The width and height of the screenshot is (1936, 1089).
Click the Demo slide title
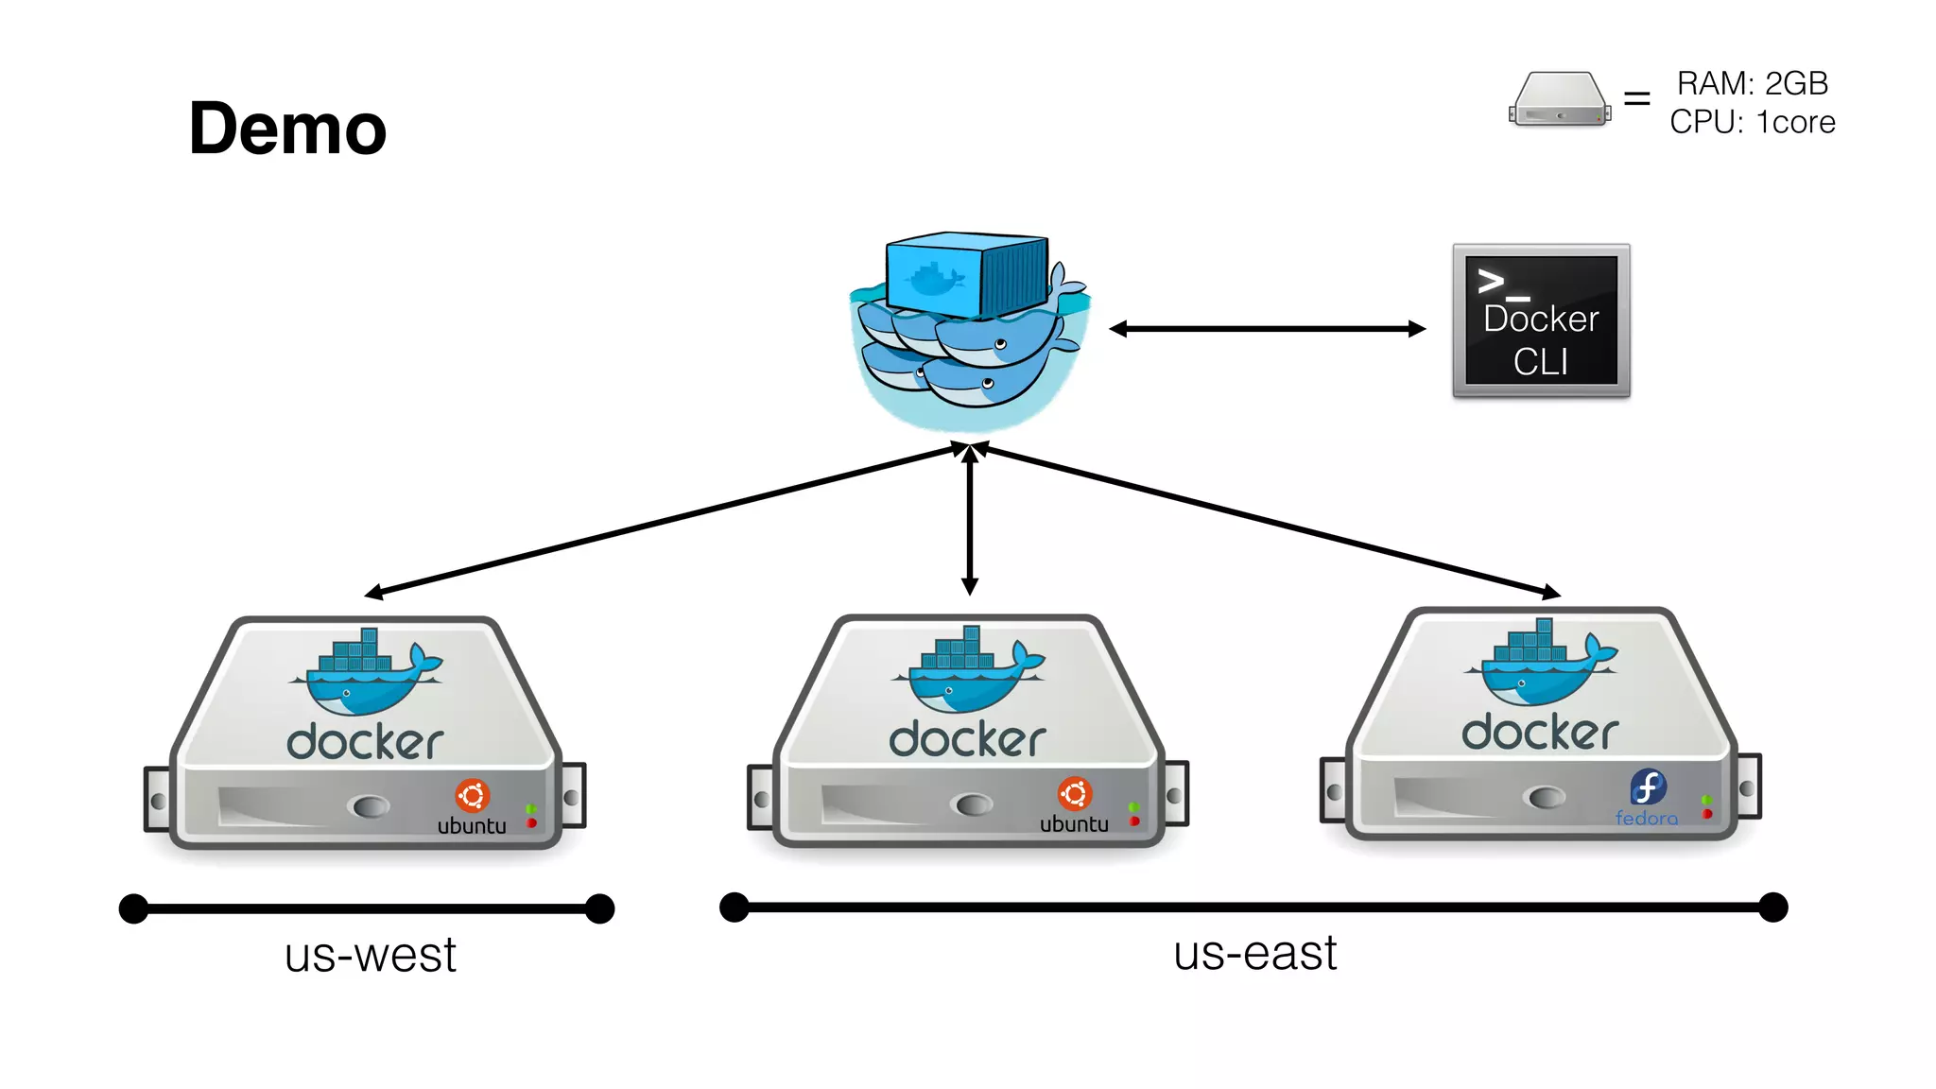click(x=287, y=129)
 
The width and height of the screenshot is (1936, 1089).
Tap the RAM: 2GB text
click(x=1752, y=83)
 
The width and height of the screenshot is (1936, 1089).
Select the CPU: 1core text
click(x=1752, y=122)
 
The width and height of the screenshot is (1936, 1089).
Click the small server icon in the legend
click(x=1559, y=99)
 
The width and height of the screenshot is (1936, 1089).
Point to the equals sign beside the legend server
click(x=1636, y=98)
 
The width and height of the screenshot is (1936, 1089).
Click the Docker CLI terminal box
click(x=1541, y=320)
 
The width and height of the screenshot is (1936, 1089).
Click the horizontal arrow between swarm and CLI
click(x=1267, y=329)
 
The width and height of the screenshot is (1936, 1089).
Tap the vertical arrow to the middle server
click(x=969, y=520)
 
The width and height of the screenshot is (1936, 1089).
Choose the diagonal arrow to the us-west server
click(x=662, y=520)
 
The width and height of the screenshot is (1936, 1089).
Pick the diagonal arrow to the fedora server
click(x=1267, y=520)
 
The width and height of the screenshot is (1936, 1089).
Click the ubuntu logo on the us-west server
click(x=472, y=796)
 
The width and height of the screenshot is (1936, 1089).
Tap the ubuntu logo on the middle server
click(x=1075, y=794)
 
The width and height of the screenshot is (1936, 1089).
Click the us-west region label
click(x=370, y=955)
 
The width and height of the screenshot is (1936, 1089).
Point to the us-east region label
click(x=1254, y=953)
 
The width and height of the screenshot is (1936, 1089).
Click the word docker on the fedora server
click(x=1540, y=733)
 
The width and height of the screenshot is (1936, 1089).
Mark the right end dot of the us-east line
click(x=1772, y=907)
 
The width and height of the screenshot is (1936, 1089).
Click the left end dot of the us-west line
click(x=134, y=908)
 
